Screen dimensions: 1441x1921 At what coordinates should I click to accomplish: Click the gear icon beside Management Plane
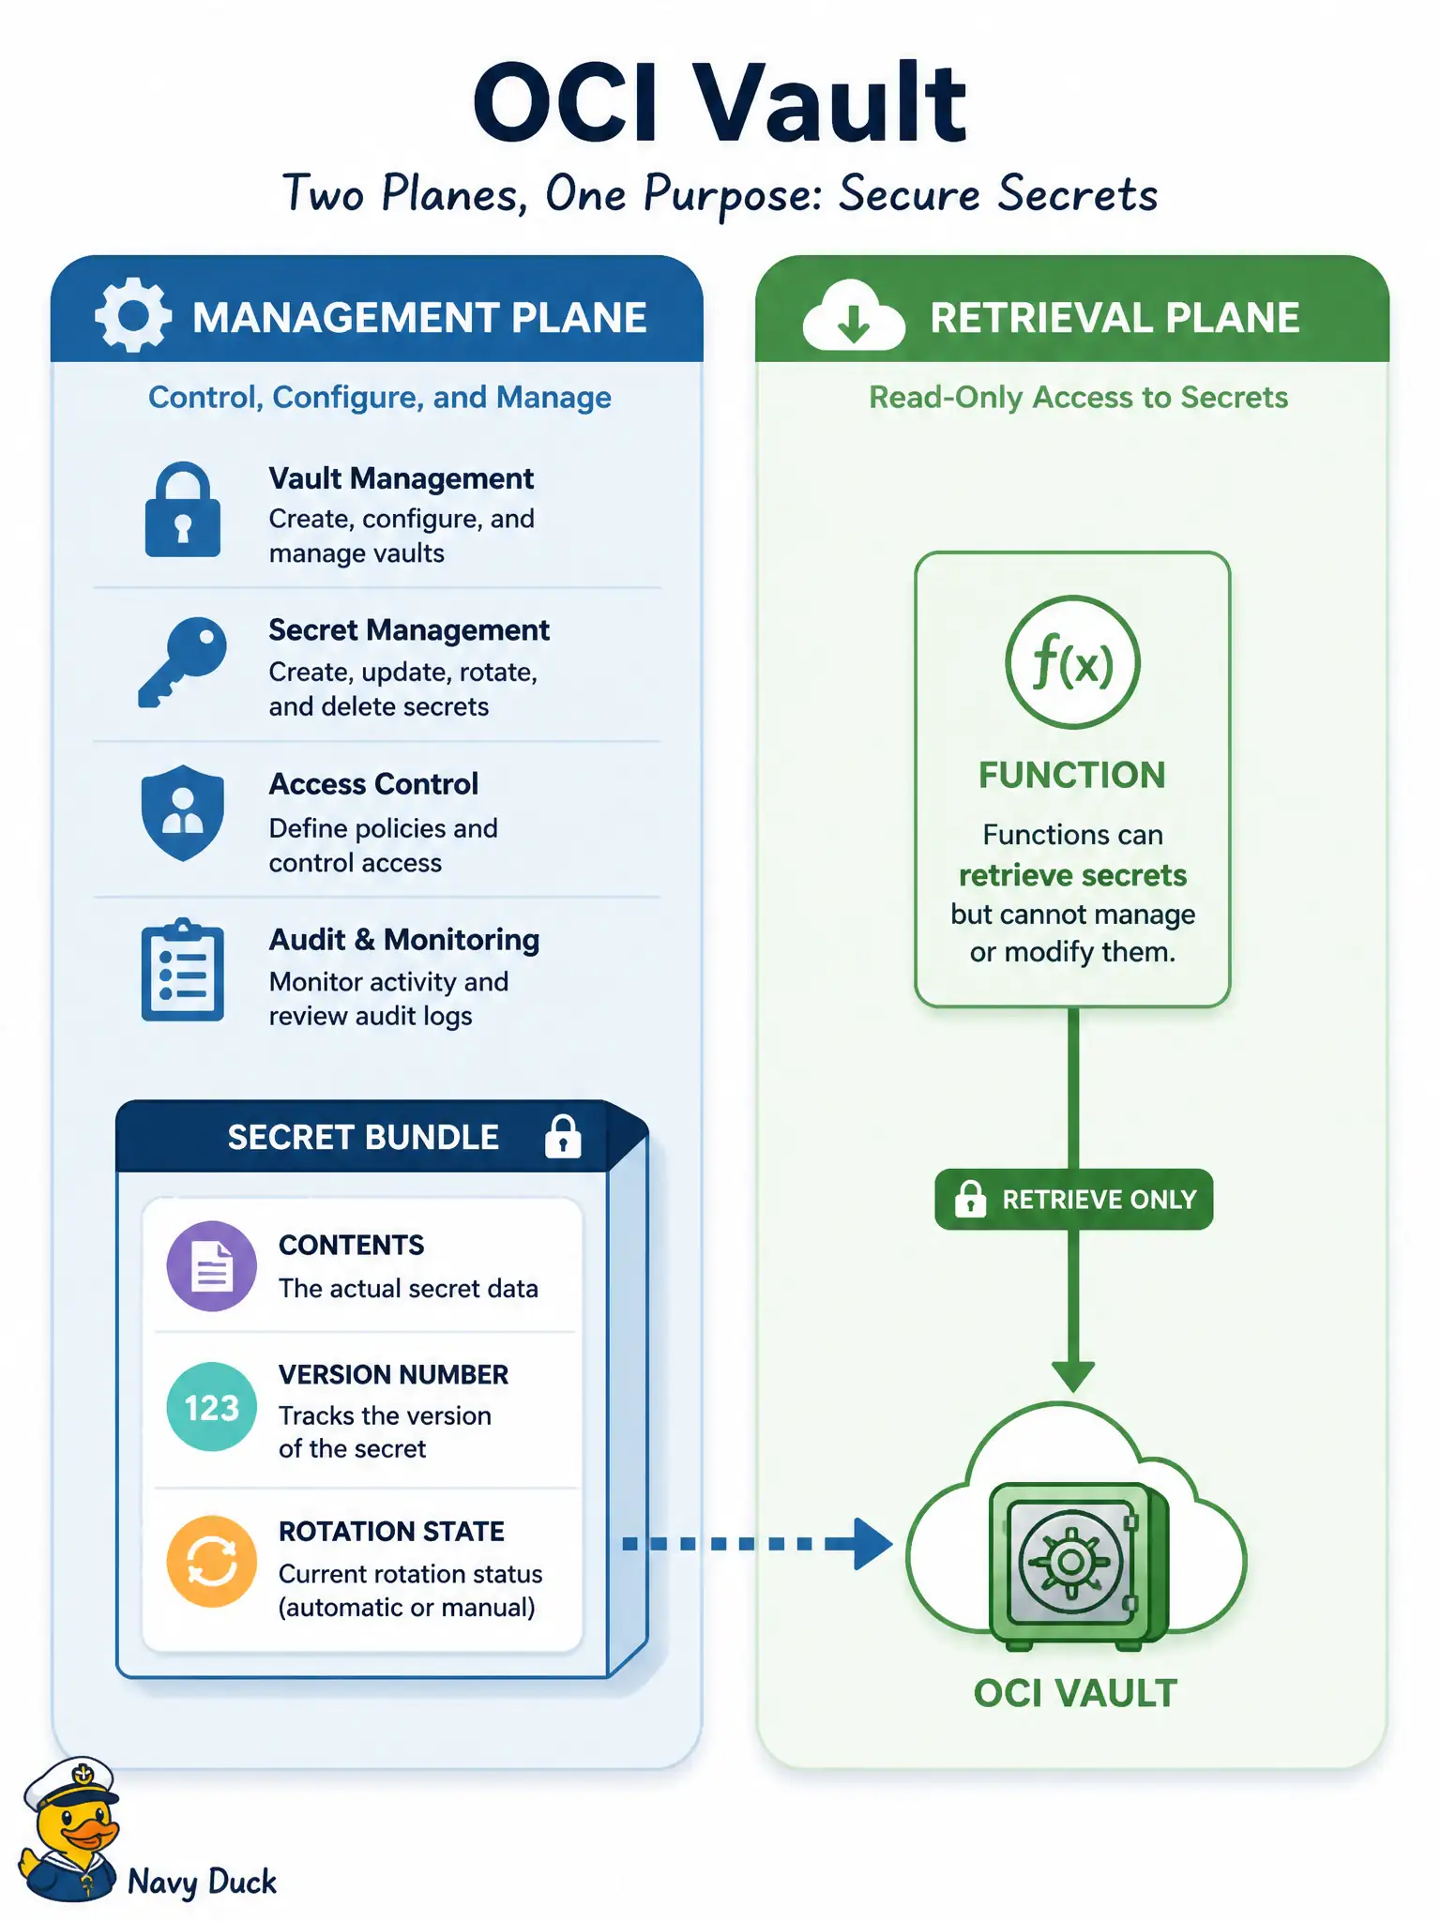(x=133, y=315)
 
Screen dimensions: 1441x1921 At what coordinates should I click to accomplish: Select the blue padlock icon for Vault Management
(x=183, y=509)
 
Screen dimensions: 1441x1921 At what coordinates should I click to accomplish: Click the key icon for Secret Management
(x=183, y=661)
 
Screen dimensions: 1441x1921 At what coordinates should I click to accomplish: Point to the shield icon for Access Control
(x=183, y=812)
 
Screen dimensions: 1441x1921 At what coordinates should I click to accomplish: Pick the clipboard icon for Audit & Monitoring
(x=183, y=969)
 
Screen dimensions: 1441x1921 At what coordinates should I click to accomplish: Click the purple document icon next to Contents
(x=212, y=1265)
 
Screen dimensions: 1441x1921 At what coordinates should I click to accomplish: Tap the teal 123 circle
(x=212, y=1407)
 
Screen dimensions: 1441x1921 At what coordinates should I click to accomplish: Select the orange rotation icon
(x=212, y=1562)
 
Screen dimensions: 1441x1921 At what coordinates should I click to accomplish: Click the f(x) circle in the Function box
(x=1072, y=662)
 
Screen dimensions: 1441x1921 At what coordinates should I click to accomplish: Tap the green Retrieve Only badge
(x=1074, y=1199)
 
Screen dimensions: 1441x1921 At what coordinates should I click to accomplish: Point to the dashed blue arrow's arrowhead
(x=872, y=1543)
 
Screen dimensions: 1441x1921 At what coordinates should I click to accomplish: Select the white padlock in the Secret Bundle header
(x=563, y=1136)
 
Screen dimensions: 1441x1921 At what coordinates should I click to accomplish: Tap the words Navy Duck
(x=202, y=1882)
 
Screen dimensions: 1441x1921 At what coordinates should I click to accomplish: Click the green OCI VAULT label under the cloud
(x=1075, y=1693)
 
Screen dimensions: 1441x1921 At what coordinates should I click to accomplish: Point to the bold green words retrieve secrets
(x=1072, y=875)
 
